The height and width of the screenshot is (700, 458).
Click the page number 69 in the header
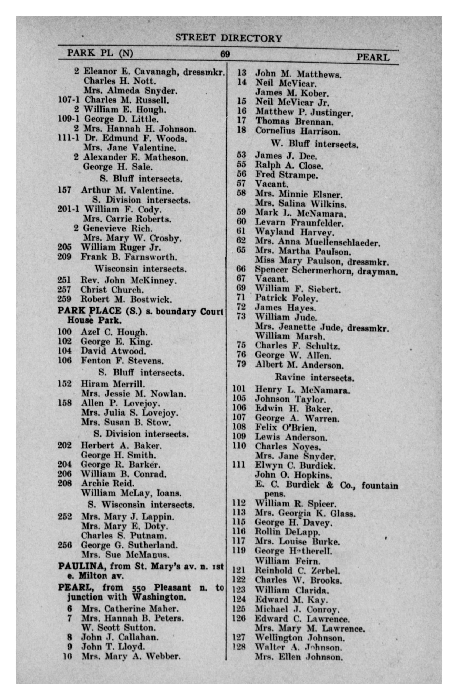tap(225, 54)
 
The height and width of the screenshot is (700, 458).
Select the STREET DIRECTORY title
tap(228, 38)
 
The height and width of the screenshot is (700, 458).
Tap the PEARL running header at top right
tap(373, 57)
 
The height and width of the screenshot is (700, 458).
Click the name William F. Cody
tap(123, 210)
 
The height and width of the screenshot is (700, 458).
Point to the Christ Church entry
tap(112, 290)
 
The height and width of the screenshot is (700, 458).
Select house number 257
tap(65, 290)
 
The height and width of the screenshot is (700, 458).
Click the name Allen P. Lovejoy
tap(120, 403)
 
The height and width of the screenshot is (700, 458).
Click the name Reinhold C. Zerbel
tap(298, 571)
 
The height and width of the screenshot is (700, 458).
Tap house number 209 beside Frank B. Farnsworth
tap(65, 257)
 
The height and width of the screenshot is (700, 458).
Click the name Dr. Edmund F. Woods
tap(136, 138)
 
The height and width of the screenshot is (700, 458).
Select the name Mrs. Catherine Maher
tap(130, 608)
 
